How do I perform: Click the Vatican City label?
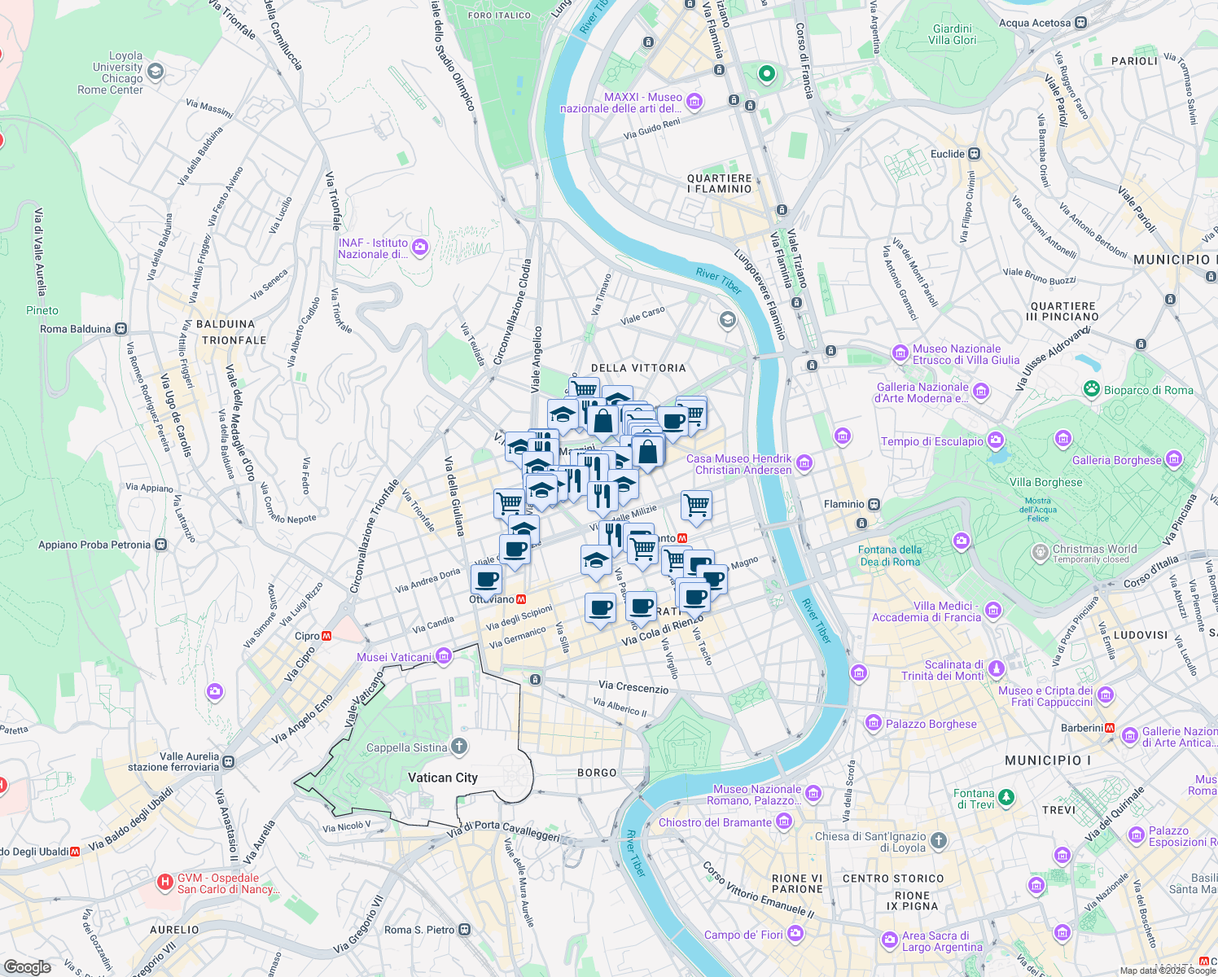tap(443, 778)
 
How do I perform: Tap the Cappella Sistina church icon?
tap(459, 747)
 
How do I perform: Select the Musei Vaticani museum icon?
tap(444, 656)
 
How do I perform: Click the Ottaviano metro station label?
tap(492, 599)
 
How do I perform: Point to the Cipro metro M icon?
tap(326, 636)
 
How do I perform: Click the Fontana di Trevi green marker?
tap(1006, 798)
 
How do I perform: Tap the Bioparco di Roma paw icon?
tap(1092, 390)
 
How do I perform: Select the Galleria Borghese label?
tap(1117, 460)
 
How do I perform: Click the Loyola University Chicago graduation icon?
tap(155, 72)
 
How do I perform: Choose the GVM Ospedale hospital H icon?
tap(165, 882)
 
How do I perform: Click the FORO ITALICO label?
tap(500, 15)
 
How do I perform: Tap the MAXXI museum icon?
tap(694, 102)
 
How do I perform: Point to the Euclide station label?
tap(948, 154)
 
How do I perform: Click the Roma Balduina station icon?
tap(120, 329)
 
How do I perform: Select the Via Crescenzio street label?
tap(633, 687)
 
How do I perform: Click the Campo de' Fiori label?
tap(743, 935)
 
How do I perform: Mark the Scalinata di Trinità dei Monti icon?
tap(996, 669)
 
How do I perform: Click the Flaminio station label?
tap(844, 504)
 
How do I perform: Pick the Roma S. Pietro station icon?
tap(464, 930)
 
